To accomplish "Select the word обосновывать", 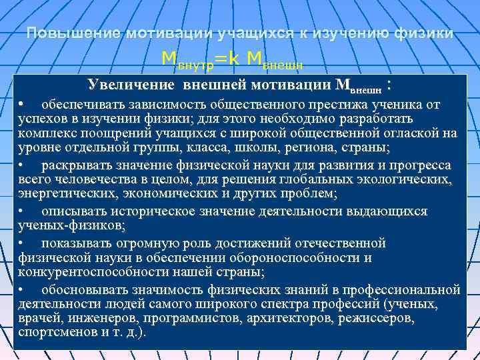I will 84,289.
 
